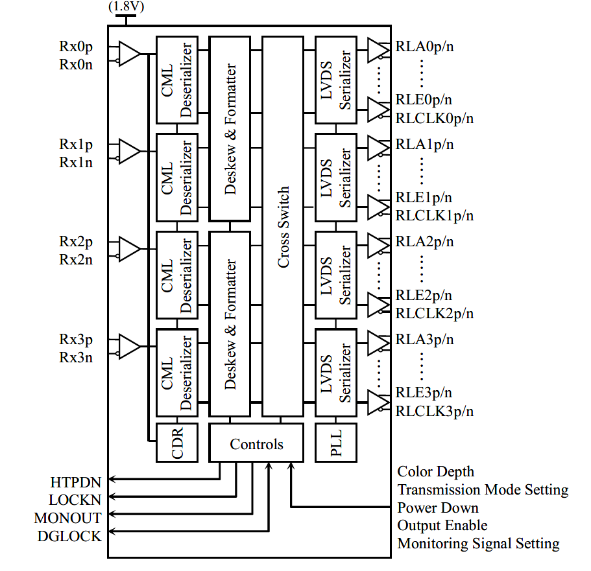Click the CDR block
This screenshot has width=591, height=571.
pos(168,442)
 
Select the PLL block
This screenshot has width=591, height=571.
pos(335,442)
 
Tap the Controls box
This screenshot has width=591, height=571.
pos(256,444)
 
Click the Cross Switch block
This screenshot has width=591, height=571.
pos(283,226)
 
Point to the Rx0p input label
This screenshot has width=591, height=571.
pos(76,47)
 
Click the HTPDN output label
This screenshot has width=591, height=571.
pos(76,482)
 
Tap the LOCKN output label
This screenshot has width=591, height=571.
pos(75,500)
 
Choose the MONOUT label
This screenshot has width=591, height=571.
pos(68,518)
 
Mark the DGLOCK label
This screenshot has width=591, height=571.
pos(69,536)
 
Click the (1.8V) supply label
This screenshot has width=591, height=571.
pos(125,8)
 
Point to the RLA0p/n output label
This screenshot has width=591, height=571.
pos(424,47)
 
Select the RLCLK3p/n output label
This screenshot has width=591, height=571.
pos(435,411)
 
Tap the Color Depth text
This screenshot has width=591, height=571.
pos(436,472)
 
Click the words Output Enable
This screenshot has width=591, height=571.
pos(442,526)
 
